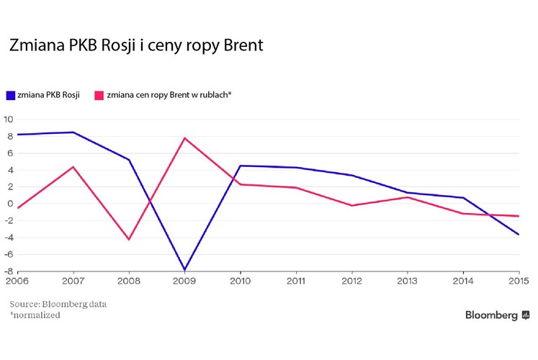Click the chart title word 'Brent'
pyautogui.click(x=240, y=47)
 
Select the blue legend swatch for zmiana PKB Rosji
pyautogui.click(x=11, y=95)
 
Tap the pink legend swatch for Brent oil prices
pyautogui.click(x=99, y=95)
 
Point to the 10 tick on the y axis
pyautogui.click(x=9, y=120)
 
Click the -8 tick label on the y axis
pyautogui.click(x=9, y=271)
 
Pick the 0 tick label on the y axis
pyautogui.click(x=10, y=204)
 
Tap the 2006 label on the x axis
pyautogui.click(x=17, y=281)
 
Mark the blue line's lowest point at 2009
pyautogui.click(x=185, y=270)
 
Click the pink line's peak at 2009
pyautogui.click(x=185, y=138)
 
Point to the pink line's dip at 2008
pyautogui.click(x=129, y=239)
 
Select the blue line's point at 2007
pyautogui.click(x=73, y=132)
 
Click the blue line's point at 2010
pyautogui.click(x=241, y=166)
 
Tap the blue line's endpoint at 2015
pyautogui.click(x=519, y=234)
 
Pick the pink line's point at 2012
pyautogui.click(x=352, y=206)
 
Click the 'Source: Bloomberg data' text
pyautogui.click(x=58, y=304)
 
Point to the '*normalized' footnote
pyautogui.click(x=35, y=315)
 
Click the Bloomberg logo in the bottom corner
pyautogui.click(x=497, y=315)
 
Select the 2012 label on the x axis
pyautogui.click(x=352, y=281)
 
